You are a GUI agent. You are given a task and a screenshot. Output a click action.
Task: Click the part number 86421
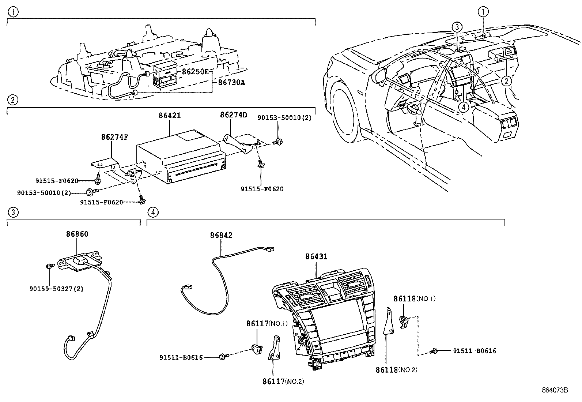point(170,116)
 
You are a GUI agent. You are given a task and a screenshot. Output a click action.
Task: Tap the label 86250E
point(195,71)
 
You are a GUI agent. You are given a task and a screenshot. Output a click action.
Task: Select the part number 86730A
point(231,82)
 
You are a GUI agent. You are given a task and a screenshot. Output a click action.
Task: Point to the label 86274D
point(234,114)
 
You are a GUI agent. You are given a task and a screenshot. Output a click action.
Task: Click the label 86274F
point(114,137)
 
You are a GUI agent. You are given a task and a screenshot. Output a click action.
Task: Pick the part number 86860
point(77,234)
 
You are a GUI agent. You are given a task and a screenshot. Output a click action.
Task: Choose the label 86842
point(222,235)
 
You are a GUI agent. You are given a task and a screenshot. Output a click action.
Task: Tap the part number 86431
point(316,257)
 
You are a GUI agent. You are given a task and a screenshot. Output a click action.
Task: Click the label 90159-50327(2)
point(56,289)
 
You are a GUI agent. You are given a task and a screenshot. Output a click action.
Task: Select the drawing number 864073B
point(555,390)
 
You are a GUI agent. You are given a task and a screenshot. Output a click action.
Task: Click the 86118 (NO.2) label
point(397,370)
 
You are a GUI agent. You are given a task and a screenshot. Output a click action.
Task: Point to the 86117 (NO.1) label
point(267,323)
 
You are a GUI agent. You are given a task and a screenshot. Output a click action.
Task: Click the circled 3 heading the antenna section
point(13,213)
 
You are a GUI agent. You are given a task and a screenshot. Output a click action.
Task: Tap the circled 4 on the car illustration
point(464,106)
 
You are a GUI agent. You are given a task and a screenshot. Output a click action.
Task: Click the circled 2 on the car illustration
point(506,82)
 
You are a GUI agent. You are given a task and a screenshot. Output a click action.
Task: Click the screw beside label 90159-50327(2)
point(49,266)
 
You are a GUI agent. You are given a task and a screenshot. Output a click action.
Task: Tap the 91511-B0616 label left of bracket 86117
point(181,358)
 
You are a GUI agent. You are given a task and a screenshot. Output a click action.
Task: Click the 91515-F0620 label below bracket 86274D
point(262,189)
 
